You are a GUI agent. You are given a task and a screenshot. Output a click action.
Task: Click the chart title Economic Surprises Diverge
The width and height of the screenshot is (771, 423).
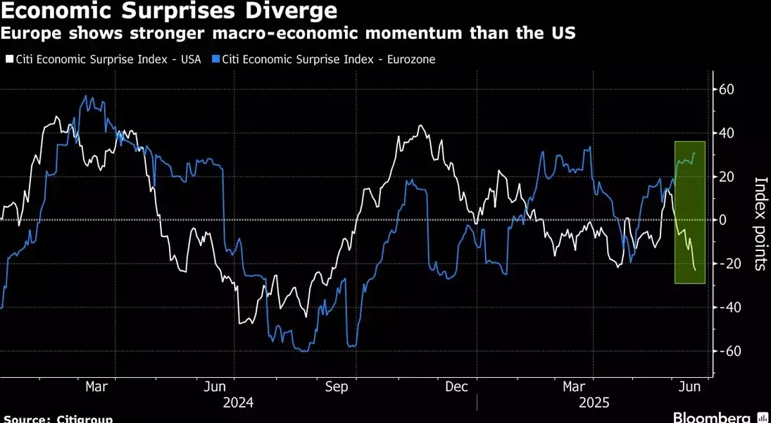tap(169, 11)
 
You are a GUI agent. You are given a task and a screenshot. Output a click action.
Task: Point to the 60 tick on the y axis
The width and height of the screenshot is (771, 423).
tap(727, 90)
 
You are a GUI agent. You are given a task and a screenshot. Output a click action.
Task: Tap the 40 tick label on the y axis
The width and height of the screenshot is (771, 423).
tap(727, 133)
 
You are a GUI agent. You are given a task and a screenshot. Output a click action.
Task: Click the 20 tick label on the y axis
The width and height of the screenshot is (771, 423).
tap(727, 177)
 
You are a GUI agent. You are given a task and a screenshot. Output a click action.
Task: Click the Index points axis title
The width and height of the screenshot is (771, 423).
tap(760, 223)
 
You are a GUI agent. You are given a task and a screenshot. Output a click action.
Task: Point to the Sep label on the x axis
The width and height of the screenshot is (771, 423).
tap(337, 387)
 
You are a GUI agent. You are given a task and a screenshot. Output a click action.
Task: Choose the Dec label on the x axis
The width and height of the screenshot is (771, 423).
tap(457, 387)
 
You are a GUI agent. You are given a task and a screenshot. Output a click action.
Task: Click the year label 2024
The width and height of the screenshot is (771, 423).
tap(238, 403)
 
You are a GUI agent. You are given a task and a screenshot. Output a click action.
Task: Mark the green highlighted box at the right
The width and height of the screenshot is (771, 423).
tap(690, 211)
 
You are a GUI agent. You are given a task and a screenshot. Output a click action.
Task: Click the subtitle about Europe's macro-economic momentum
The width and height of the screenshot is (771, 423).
tap(289, 33)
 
